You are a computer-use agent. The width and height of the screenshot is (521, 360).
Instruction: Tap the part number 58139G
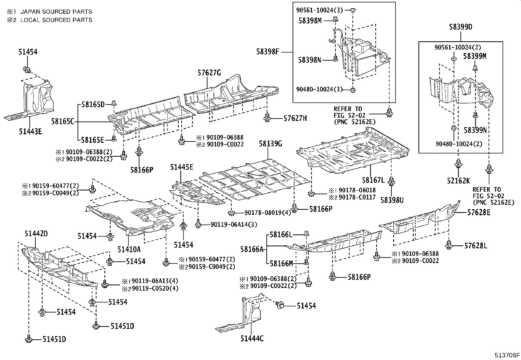[x=270, y=143]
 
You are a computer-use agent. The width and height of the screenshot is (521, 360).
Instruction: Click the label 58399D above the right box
[x=460, y=27]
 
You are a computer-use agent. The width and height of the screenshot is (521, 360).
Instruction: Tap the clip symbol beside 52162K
[x=458, y=163]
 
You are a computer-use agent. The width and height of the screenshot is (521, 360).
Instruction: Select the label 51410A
[x=129, y=249]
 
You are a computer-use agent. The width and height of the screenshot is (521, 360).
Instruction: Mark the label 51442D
[x=36, y=234]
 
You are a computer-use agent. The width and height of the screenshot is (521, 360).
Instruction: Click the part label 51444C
[x=252, y=339]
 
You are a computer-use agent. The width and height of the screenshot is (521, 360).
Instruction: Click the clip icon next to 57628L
[x=449, y=244]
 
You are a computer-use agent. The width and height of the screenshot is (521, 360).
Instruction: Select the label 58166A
[x=252, y=249]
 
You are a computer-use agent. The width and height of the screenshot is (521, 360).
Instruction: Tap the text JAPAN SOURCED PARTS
[x=56, y=11]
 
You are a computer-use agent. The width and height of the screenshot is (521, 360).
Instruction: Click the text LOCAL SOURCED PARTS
[x=56, y=20]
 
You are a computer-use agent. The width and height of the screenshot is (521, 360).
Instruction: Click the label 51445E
[x=182, y=167]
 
